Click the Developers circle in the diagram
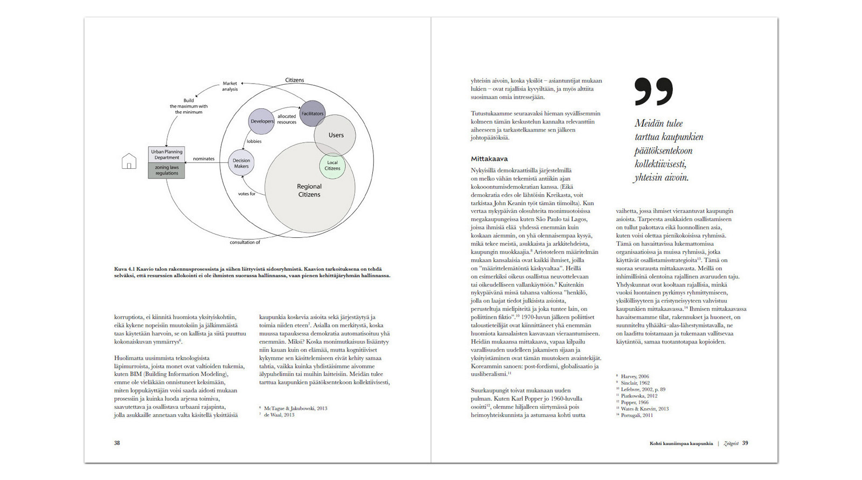[x=262, y=121]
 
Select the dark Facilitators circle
[x=312, y=114]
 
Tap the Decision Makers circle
[x=241, y=163]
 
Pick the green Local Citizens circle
[x=332, y=166]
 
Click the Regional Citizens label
[x=309, y=190]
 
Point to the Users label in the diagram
[x=336, y=135]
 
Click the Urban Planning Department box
[x=166, y=155]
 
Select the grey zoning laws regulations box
[x=166, y=170]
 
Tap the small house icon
[x=129, y=161]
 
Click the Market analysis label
[x=230, y=86]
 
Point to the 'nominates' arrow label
[x=204, y=159]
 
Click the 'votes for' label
[x=247, y=194]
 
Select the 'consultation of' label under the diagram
[x=245, y=242]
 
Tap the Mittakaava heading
[x=489, y=159]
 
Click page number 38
[x=117, y=443]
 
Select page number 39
[x=745, y=443]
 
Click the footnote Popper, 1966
[x=635, y=402]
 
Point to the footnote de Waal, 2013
[x=279, y=415]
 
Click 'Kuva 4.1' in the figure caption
[x=124, y=269]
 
